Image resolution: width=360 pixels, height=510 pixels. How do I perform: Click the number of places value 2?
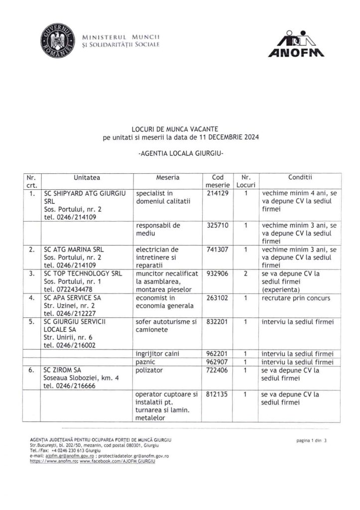(x=245, y=273)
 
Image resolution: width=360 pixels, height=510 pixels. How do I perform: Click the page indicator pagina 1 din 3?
(x=312, y=441)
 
